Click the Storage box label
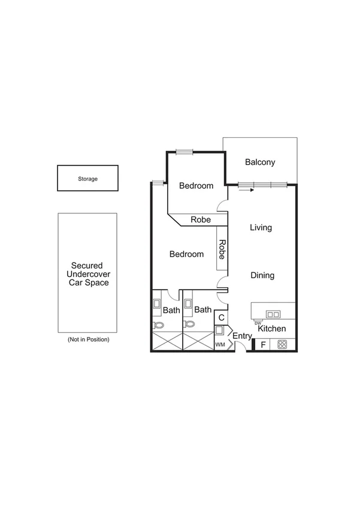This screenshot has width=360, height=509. pos(87,179)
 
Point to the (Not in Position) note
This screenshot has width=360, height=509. pos(89,339)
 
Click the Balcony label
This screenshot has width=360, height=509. pos(260,162)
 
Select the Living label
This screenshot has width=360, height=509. pos(261,228)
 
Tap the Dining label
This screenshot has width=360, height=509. pos(262,276)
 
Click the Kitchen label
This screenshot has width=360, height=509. pos(271,329)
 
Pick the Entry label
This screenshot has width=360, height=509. pos(242,336)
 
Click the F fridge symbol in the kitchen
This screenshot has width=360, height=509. pos(262,345)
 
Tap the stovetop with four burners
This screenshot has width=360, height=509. pos(282,345)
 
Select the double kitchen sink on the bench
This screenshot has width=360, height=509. pos(273,314)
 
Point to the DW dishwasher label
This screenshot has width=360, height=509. pos(258,323)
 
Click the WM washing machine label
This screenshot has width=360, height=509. pos(220,345)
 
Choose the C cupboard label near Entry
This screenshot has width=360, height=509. pos(221,318)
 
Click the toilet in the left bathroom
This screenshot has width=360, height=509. pos(158,324)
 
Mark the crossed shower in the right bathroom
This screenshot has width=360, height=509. pos(198,341)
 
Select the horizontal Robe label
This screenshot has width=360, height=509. pos(201,220)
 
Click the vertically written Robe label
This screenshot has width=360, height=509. pos(222,249)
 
